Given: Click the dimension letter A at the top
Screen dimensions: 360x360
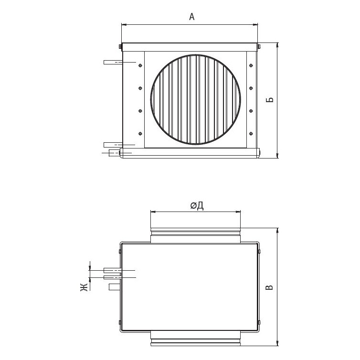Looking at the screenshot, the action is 192,17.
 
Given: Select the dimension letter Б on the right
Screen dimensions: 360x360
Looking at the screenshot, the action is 270,100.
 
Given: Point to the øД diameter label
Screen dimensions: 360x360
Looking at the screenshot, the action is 197,206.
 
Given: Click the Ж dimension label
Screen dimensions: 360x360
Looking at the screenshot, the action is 84,287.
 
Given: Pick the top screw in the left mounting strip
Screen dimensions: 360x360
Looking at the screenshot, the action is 140,66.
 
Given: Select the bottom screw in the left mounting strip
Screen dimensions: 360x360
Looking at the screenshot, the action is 140,134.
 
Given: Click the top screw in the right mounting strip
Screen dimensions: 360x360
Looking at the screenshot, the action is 251,66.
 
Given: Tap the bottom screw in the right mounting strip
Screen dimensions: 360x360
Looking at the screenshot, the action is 251,134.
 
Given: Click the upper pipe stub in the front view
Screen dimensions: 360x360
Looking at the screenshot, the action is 113,62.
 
